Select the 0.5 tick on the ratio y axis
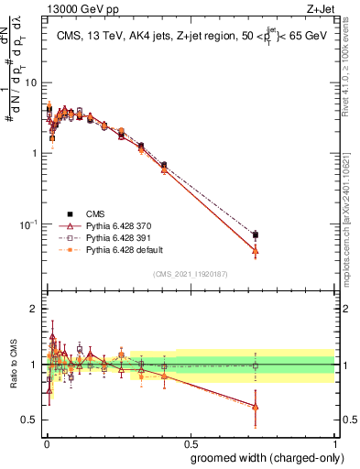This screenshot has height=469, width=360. point(31,420)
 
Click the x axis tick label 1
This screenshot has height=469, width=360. point(334,442)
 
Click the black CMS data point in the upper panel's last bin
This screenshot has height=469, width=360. point(255,235)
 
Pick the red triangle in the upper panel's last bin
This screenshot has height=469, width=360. point(255,250)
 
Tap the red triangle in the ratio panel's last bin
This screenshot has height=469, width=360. point(255,407)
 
